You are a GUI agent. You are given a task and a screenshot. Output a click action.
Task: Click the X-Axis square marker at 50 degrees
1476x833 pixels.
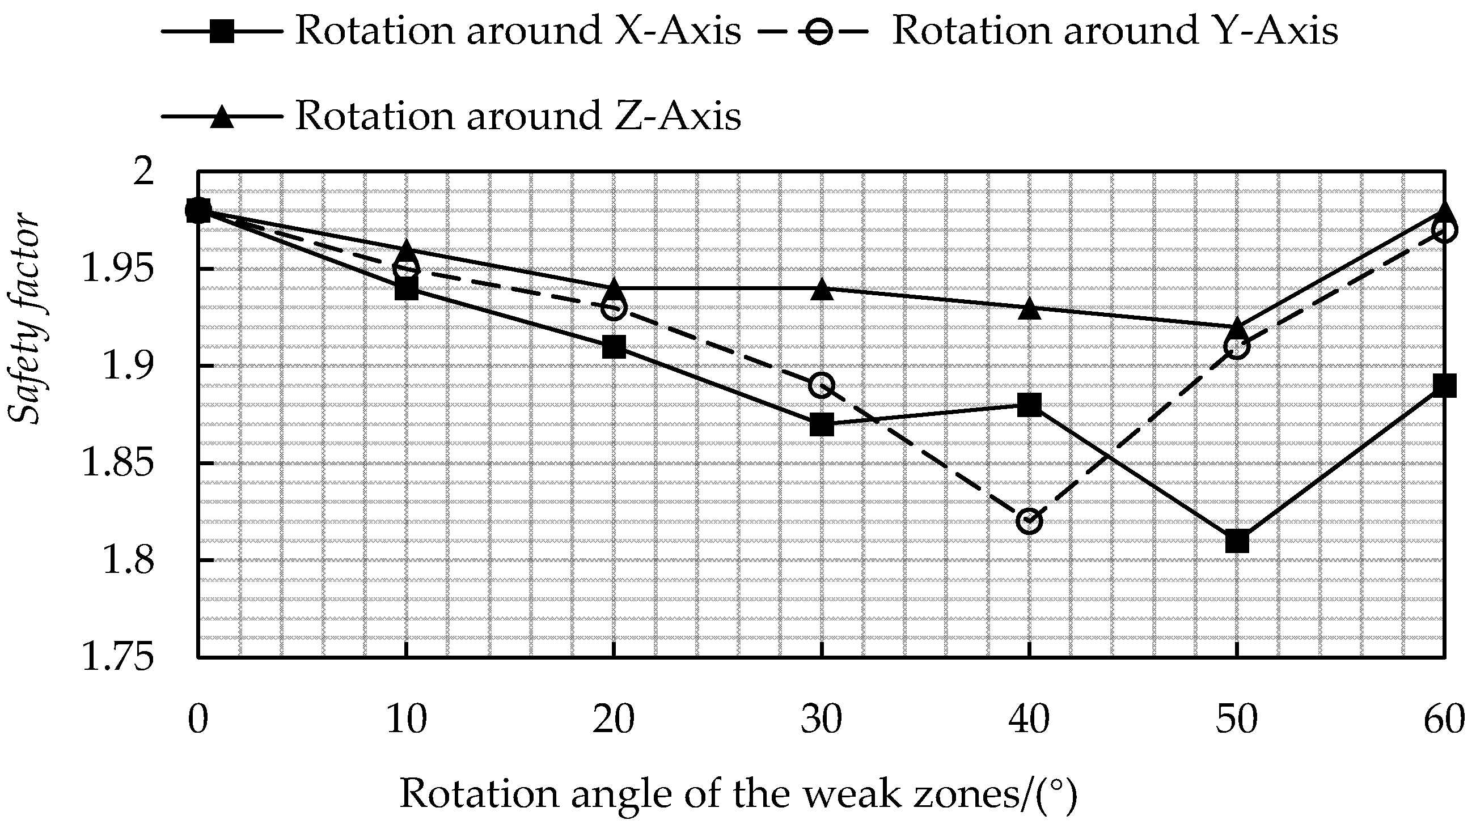tap(1237, 541)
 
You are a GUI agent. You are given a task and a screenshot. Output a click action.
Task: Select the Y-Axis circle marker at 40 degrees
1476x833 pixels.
tap(1030, 521)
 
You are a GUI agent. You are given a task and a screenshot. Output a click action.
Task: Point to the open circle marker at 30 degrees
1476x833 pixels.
tap(822, 385)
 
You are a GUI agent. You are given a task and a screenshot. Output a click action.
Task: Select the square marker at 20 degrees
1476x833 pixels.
tap(614, 347)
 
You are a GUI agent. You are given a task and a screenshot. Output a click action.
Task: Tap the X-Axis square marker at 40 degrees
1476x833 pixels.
tap(1030, 405)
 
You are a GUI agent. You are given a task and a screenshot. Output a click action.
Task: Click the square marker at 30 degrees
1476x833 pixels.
tap(822, 425)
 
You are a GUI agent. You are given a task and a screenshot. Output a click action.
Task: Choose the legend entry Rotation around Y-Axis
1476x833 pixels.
tap(1114, 31)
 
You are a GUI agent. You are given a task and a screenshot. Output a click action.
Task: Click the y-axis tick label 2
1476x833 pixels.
tap(144, 171)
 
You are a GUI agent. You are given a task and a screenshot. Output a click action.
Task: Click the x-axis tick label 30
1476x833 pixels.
tap(822, 720)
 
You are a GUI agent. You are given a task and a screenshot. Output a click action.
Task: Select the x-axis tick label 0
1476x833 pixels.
tap(198, 720)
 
